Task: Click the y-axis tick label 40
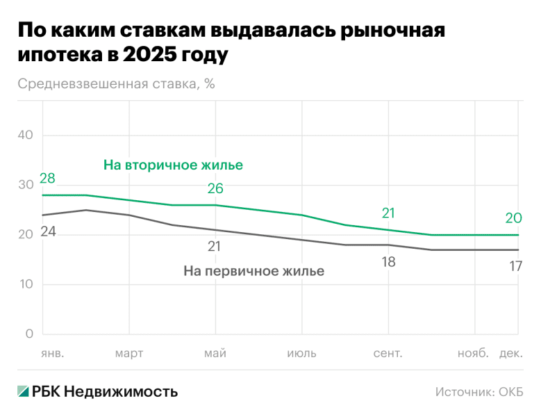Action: pos(26,135)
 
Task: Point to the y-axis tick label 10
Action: pos(26,284)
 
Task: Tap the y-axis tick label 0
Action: pos(29,334)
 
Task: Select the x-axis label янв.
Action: pos(53,354)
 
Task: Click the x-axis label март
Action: pos(129,354)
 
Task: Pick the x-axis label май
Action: pos(215,354)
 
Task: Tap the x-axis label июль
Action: pos(301,354)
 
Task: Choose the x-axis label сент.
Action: pos(388,354)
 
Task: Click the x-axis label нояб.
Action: pos(473,354)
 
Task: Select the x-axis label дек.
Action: pos(511,354)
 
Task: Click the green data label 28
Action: pos(47,179)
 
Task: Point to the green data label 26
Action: pos(215,189)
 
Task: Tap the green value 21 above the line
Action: pos(388,213)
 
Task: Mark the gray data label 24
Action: pos(47,232)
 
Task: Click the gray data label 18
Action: pos(388,262)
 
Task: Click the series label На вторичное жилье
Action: pos(173,165)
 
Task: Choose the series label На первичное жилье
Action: pos(253,271)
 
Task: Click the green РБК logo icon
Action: pos(24,392)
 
